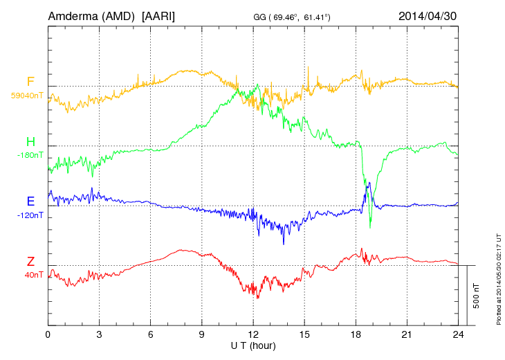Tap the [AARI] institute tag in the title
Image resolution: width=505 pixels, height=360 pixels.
point(157,15)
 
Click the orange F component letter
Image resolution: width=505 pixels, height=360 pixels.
point(30,82)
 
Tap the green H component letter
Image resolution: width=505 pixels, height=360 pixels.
point(30,142)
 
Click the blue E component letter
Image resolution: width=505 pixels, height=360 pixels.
point(30,201)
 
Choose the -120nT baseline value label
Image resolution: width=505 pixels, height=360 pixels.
point(30,215)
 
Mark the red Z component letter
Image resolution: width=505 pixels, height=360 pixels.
point(30,262)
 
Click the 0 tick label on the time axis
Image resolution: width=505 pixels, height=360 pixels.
point(48,334)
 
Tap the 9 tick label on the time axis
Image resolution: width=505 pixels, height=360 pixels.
point(202,334)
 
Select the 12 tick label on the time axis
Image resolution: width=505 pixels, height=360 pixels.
point(253,334)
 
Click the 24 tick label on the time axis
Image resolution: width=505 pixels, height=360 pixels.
point(458,334)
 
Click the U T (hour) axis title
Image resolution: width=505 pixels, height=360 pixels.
point(253,344)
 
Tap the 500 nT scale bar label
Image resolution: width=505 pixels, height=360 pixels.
point(477,296)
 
